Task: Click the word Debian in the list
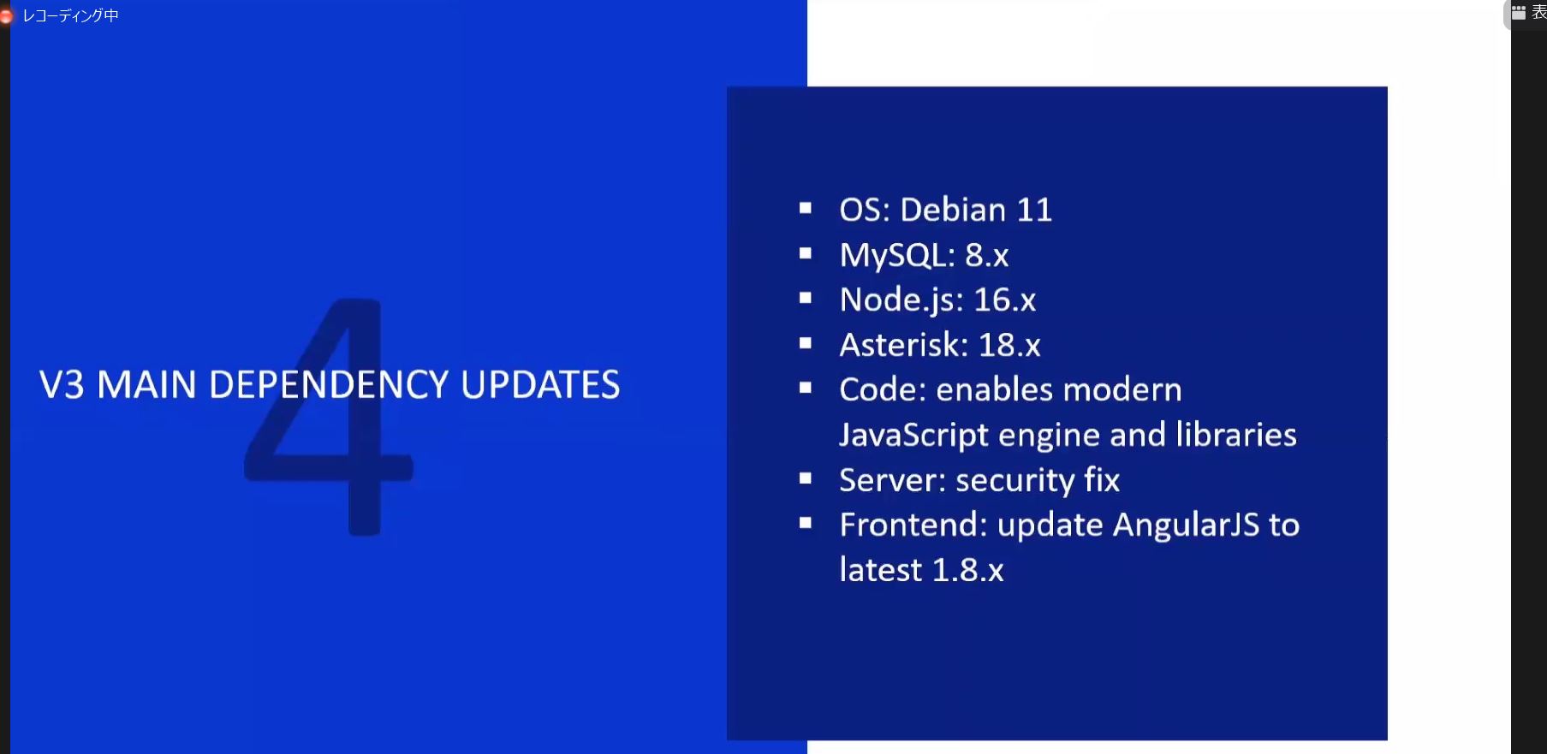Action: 953,210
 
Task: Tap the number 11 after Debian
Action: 1034,210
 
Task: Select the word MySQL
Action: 894,255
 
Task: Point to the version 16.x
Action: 1005,300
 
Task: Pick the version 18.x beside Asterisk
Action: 1009,345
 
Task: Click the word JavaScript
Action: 914,436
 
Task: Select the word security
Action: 1015,481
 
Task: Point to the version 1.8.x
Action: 967,570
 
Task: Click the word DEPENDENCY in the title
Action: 329,385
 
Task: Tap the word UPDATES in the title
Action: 540,385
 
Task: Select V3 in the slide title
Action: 62,385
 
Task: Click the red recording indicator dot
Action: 5,15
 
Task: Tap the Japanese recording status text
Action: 70,15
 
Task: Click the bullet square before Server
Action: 805,478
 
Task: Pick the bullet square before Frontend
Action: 805,523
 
